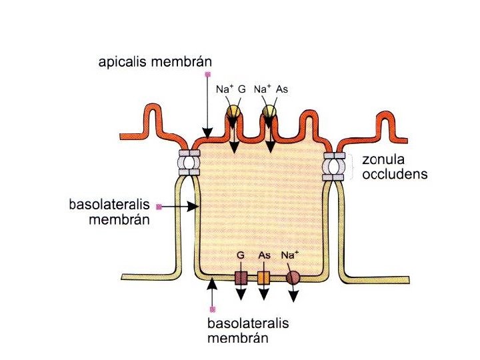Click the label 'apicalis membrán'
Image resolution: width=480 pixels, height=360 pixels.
tap(155, 63)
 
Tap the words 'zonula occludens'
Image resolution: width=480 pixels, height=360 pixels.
tap(394, 167)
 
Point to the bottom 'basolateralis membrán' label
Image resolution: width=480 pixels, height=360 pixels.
tap(249, 331)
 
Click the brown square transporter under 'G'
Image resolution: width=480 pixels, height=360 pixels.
tap(241, 278)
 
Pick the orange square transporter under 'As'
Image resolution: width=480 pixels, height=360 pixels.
tap(263, 278)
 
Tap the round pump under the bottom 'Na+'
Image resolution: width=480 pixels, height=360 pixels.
tap(293, 278)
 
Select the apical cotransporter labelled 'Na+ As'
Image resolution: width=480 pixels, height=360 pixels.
tap(269, 111)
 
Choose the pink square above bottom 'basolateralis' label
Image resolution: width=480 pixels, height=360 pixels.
tap(212, 309)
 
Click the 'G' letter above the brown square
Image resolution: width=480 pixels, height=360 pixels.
tap(241, 255)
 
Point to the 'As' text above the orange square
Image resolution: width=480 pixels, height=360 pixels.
tap(264, 255)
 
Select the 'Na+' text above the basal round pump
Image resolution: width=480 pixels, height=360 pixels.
tap(290, 255)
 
